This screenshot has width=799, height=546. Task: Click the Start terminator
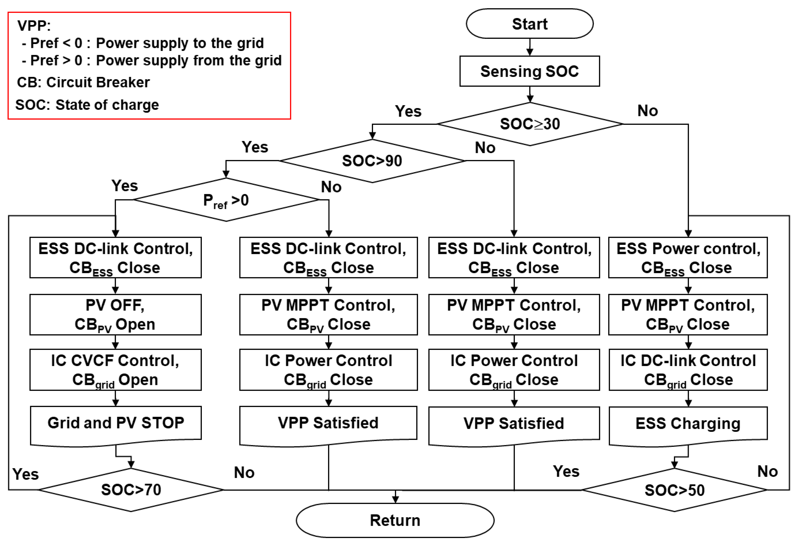point(529,24)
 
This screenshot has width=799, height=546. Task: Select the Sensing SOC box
point(529,71)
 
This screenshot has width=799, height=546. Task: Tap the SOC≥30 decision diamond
point(529,124)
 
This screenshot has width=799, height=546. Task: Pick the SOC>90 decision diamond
point(372,161)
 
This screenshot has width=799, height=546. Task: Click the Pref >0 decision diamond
point(226,200)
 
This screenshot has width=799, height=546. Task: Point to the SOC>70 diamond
point(131,490)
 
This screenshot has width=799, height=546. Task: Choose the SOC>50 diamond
point(674,490)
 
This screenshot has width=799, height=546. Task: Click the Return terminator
point(395,520)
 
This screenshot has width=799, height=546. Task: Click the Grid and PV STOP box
point(116,424)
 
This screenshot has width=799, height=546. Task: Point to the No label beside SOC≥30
point(647,111)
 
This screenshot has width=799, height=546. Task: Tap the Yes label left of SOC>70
point(26,474)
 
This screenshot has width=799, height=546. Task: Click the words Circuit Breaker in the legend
point(98,82)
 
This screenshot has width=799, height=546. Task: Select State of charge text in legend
point(107,105)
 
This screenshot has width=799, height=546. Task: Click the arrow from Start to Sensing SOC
point(530,47)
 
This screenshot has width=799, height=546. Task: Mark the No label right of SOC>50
point(767,471)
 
